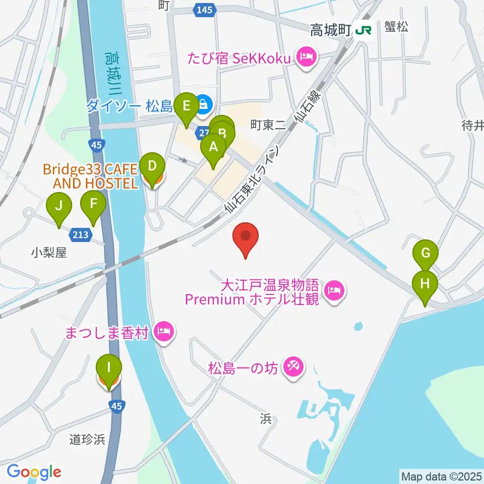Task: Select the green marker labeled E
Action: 187,106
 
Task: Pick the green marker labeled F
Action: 93,205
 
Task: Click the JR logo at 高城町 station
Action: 363,31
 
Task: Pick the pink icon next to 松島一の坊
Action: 294,368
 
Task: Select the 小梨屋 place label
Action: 48,252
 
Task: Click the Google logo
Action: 34,472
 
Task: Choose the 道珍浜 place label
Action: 87,440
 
